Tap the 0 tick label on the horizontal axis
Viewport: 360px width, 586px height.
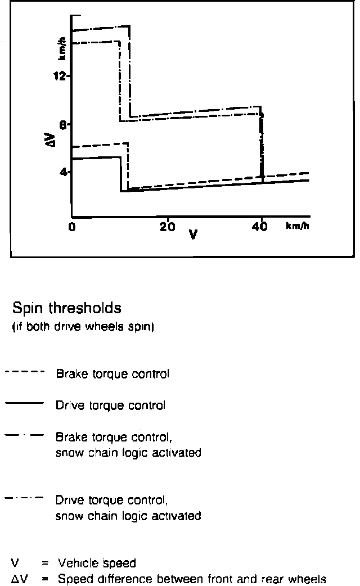[x=71, y=227]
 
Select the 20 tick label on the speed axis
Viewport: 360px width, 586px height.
[x=168, y=227]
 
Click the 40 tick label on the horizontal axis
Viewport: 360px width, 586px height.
[x=260, y=227]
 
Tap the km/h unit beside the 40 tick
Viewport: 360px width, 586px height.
[x=298, y=226]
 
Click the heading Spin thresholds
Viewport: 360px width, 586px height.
[x=66, y=309]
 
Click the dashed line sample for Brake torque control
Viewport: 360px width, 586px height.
[x=24, y=372]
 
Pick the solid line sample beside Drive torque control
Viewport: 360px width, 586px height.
[x=24, y=403]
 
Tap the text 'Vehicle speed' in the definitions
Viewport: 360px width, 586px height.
[x=97, y=563]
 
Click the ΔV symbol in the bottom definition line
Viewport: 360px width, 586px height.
[x=16, y=578]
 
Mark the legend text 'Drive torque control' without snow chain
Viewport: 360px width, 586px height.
[x=110, y=404]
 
